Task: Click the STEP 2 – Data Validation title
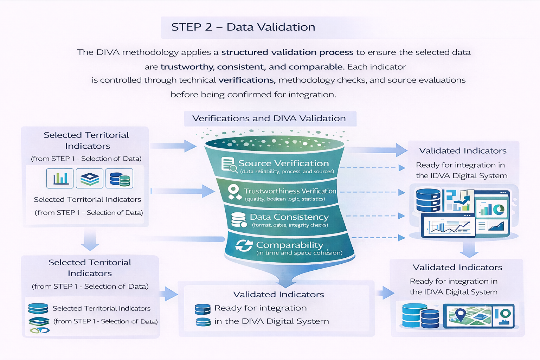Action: [243, 27]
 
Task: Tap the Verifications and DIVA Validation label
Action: [269, 118]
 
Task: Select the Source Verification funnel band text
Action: [283, 163]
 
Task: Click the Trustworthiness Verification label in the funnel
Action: [290, 191]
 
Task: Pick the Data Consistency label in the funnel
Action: [289, 217]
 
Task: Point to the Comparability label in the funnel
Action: [289, 245]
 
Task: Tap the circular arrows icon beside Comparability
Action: [244, 245]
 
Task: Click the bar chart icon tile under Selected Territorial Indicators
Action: [60, 178]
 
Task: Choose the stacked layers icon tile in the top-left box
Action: [90, 178]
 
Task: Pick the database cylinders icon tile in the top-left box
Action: [120, 178]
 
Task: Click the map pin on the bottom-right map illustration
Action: [460, 314]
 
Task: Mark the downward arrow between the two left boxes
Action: [90, 241]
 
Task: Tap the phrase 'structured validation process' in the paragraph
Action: [287, 52]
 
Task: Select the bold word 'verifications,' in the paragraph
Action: [246, 80]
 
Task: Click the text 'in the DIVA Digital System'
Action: [271, 321]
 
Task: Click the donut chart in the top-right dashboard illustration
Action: [499, 210]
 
